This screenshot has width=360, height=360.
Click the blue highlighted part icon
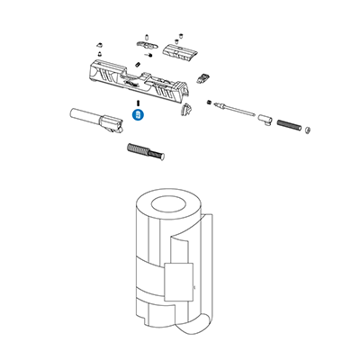(139, 115)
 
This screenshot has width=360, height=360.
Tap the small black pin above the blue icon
(138, 103)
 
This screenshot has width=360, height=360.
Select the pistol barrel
(94, 118)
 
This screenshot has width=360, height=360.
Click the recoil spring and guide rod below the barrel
(147, 150)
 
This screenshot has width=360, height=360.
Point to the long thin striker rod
(238, 112)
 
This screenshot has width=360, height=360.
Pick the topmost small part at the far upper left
(96, 42)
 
